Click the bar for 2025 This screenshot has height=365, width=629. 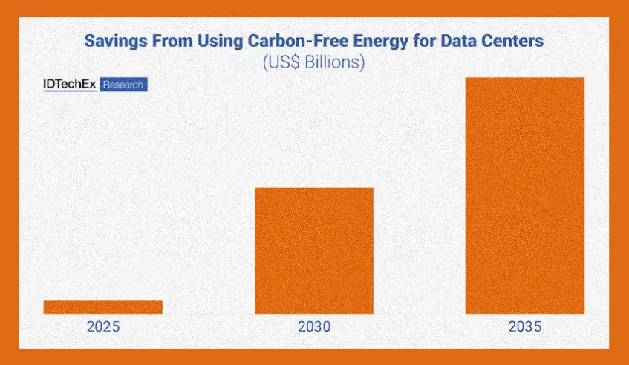pos(102,306)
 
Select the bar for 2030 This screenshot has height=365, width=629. pos(314,250)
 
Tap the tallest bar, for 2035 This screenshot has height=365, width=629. pos(525,195)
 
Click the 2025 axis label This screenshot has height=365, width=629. pos(102,326)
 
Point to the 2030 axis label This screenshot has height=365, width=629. pos(314,326)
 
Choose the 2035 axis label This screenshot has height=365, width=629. pos(525,326)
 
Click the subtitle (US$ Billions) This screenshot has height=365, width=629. pos(313,62)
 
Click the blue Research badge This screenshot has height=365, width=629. pos(123,85)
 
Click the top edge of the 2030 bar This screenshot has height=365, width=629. pos(314,188)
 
